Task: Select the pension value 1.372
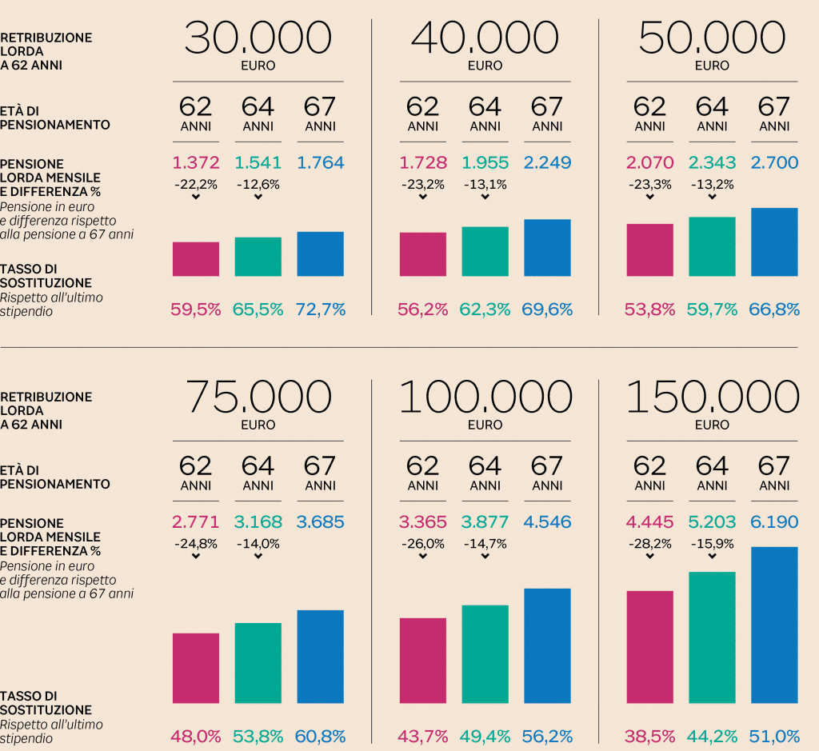coord(196,163)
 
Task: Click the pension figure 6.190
coord(774,522)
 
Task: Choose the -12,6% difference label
coord(258,185)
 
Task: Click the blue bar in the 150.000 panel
coord(774,625)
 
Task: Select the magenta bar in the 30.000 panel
coord(196,259)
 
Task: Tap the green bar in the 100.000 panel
coord(485,654)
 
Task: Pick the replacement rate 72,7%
coord(321,310)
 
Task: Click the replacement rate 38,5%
coord(649,736)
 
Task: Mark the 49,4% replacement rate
coord(485,736)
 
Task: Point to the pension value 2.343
coord(712,163)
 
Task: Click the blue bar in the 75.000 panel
coord(321,657)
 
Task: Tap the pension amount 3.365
coord(422,522)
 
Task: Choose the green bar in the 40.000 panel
coord(485,251)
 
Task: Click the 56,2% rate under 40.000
coord(422,310)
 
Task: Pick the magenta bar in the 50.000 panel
coord(649,250)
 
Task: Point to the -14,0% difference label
coord(258,544)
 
